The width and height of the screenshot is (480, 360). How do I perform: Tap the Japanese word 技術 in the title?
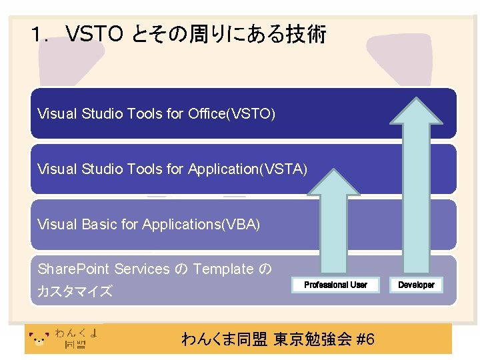coord(305,34)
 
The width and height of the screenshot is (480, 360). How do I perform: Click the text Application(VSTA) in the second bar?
coord(247,169)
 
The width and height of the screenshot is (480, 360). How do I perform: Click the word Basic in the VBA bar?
coord(103,225)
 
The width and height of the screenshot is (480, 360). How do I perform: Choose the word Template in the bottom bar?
coord(223,269)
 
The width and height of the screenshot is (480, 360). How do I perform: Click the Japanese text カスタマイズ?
coord(75,291)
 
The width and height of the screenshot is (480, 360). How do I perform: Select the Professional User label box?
coord(335,285)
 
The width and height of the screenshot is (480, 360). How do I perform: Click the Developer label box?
coord(416,285)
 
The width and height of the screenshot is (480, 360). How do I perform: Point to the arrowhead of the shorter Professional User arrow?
coord(333,184)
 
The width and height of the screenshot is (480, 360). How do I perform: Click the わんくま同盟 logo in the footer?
coord(64,339)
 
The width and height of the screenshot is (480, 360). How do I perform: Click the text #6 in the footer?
coord(366,339)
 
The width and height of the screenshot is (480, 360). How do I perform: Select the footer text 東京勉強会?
coord(313,339)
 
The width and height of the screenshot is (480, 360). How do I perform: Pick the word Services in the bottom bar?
coord(142,269)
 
